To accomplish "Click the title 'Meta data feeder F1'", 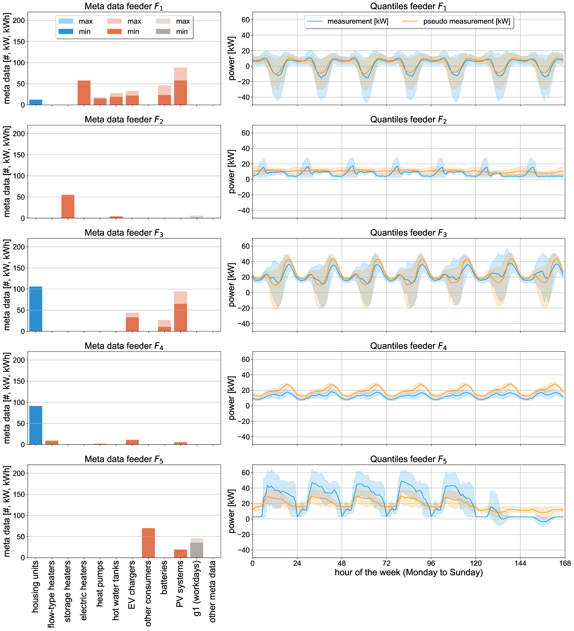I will coord(124,7).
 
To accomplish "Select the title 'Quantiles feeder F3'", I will coord(408,233).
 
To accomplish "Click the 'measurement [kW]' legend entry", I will coord(358,21).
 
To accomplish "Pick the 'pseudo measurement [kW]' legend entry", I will coord(467,21).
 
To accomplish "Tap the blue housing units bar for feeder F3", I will coord(36,309).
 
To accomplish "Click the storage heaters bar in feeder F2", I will coord(68,206).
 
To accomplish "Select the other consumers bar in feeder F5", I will coord(148,543).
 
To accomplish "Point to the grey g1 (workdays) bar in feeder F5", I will coord(197,550).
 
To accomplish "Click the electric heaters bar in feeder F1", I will coord(84,93).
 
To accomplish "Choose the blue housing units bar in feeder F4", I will coord(36,425).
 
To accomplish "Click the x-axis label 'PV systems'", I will coord(180,583).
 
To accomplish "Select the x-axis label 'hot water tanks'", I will coord(116,590).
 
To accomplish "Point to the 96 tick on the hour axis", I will coord(431,563).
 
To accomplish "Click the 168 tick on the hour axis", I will coord(565,563).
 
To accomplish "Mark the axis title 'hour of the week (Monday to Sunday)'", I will coord(408,573).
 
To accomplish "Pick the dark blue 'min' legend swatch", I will coord(66,32).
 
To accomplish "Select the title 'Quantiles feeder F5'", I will coord(408,459).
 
